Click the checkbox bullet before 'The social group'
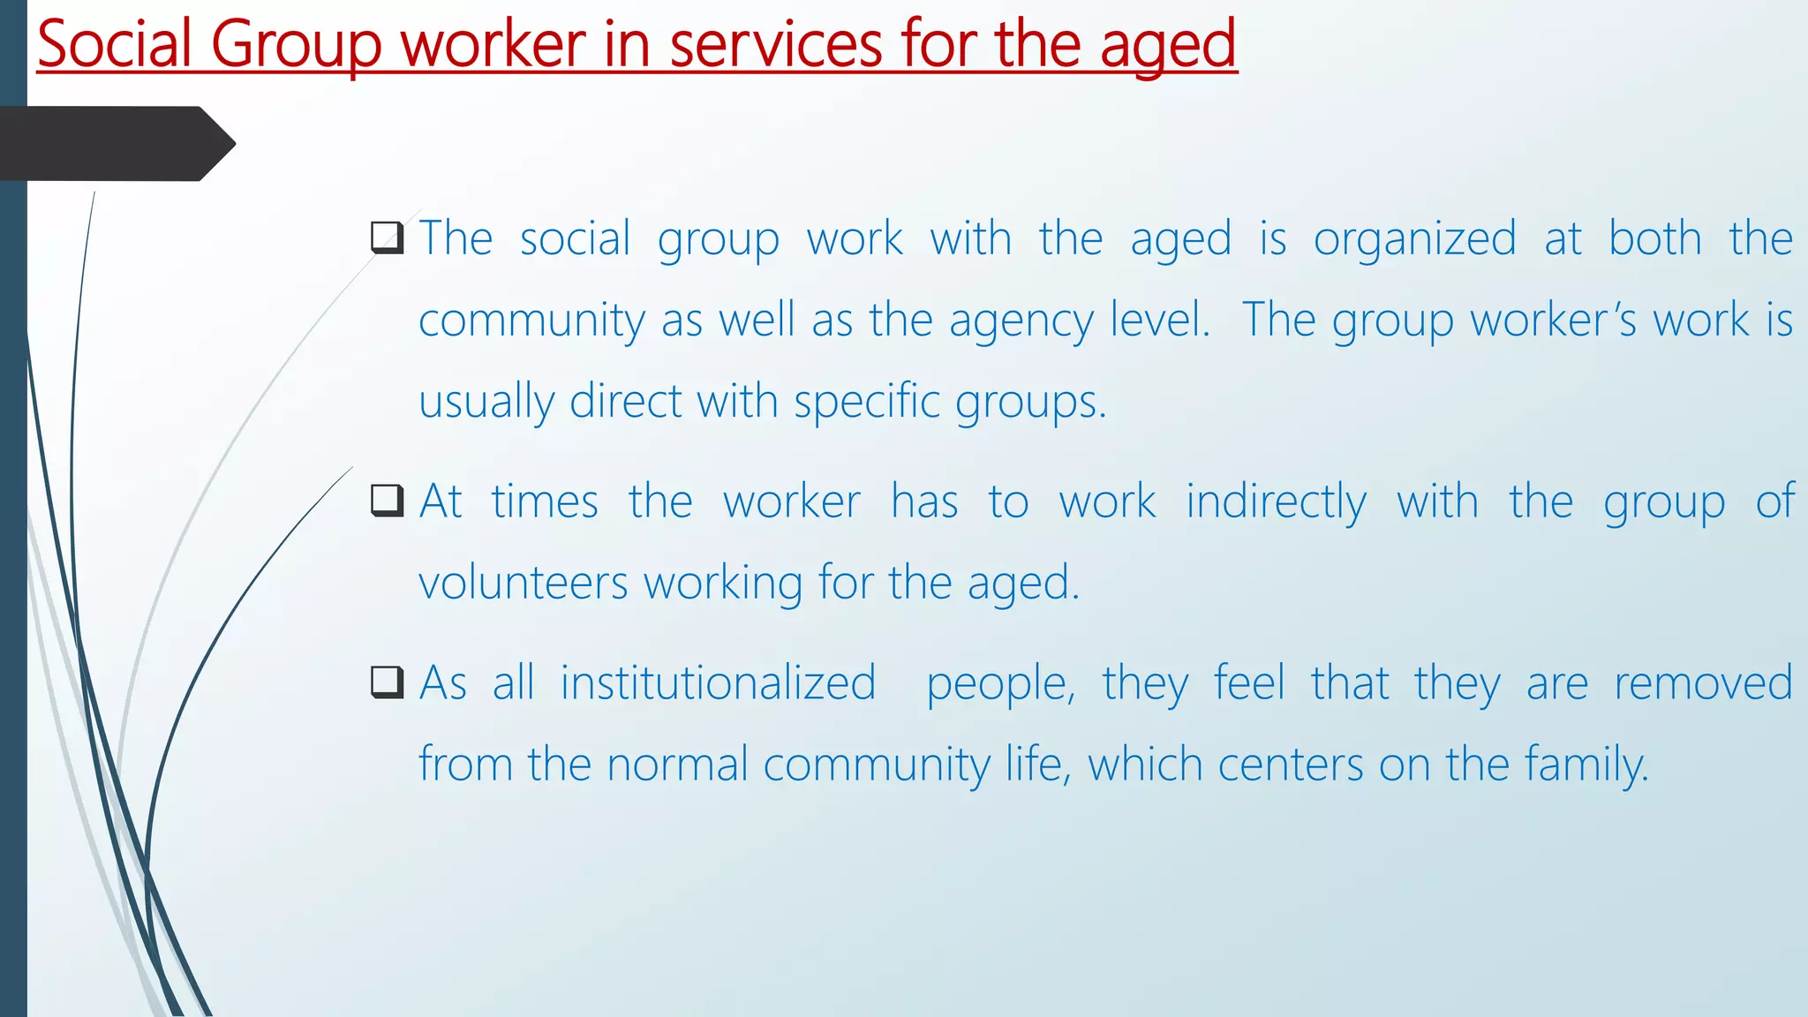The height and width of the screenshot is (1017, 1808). (x=387, y=238)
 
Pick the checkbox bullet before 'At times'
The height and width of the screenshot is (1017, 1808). (x=387, y=501)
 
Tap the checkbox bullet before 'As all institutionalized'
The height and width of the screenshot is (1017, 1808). (x=387, y=682)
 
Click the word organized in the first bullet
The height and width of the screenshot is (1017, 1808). (x=1414, y=239)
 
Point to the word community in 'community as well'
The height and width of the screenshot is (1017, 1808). (x=531, y=320)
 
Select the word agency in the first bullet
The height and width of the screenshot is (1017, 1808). (x=1021, y=320)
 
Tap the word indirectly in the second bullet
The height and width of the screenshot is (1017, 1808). (x=1276, y=502)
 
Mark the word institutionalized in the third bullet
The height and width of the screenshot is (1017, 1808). (x=718, y=683)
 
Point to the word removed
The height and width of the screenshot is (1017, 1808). (x=1703, y=683)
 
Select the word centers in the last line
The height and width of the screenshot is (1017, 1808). (x=1291, y=765)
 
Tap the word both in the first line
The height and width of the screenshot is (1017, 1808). (x=1654, y=239)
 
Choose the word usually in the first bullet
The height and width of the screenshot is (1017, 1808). (x=486, y=403)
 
